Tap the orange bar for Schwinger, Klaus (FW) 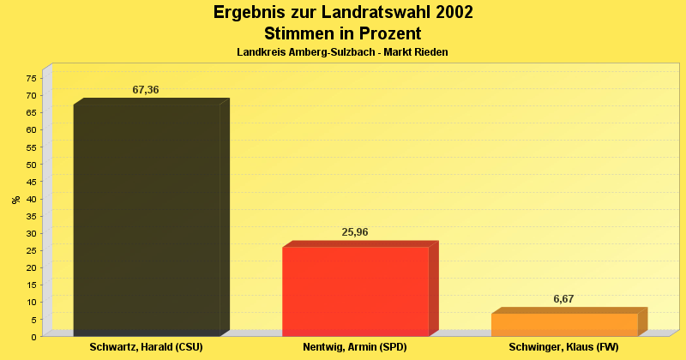(x=564, y=325)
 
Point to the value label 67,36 (x=146, y=90)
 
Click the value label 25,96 (x=355, y=232)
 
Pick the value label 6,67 (x=563, y=299)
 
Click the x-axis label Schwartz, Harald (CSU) (x=146, y=347)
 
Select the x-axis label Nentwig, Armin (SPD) (x=354, y=347)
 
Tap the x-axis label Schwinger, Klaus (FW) (x=563, y=347)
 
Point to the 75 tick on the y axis (x=31, y=78)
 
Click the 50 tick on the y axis (x=31, y=165)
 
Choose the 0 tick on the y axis (x=33, y=337)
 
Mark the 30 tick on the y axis (x=31, y=233)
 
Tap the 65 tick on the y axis (x=31, y=112)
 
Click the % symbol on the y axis (x=15, y=200)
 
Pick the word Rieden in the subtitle (x=431, y=52)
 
